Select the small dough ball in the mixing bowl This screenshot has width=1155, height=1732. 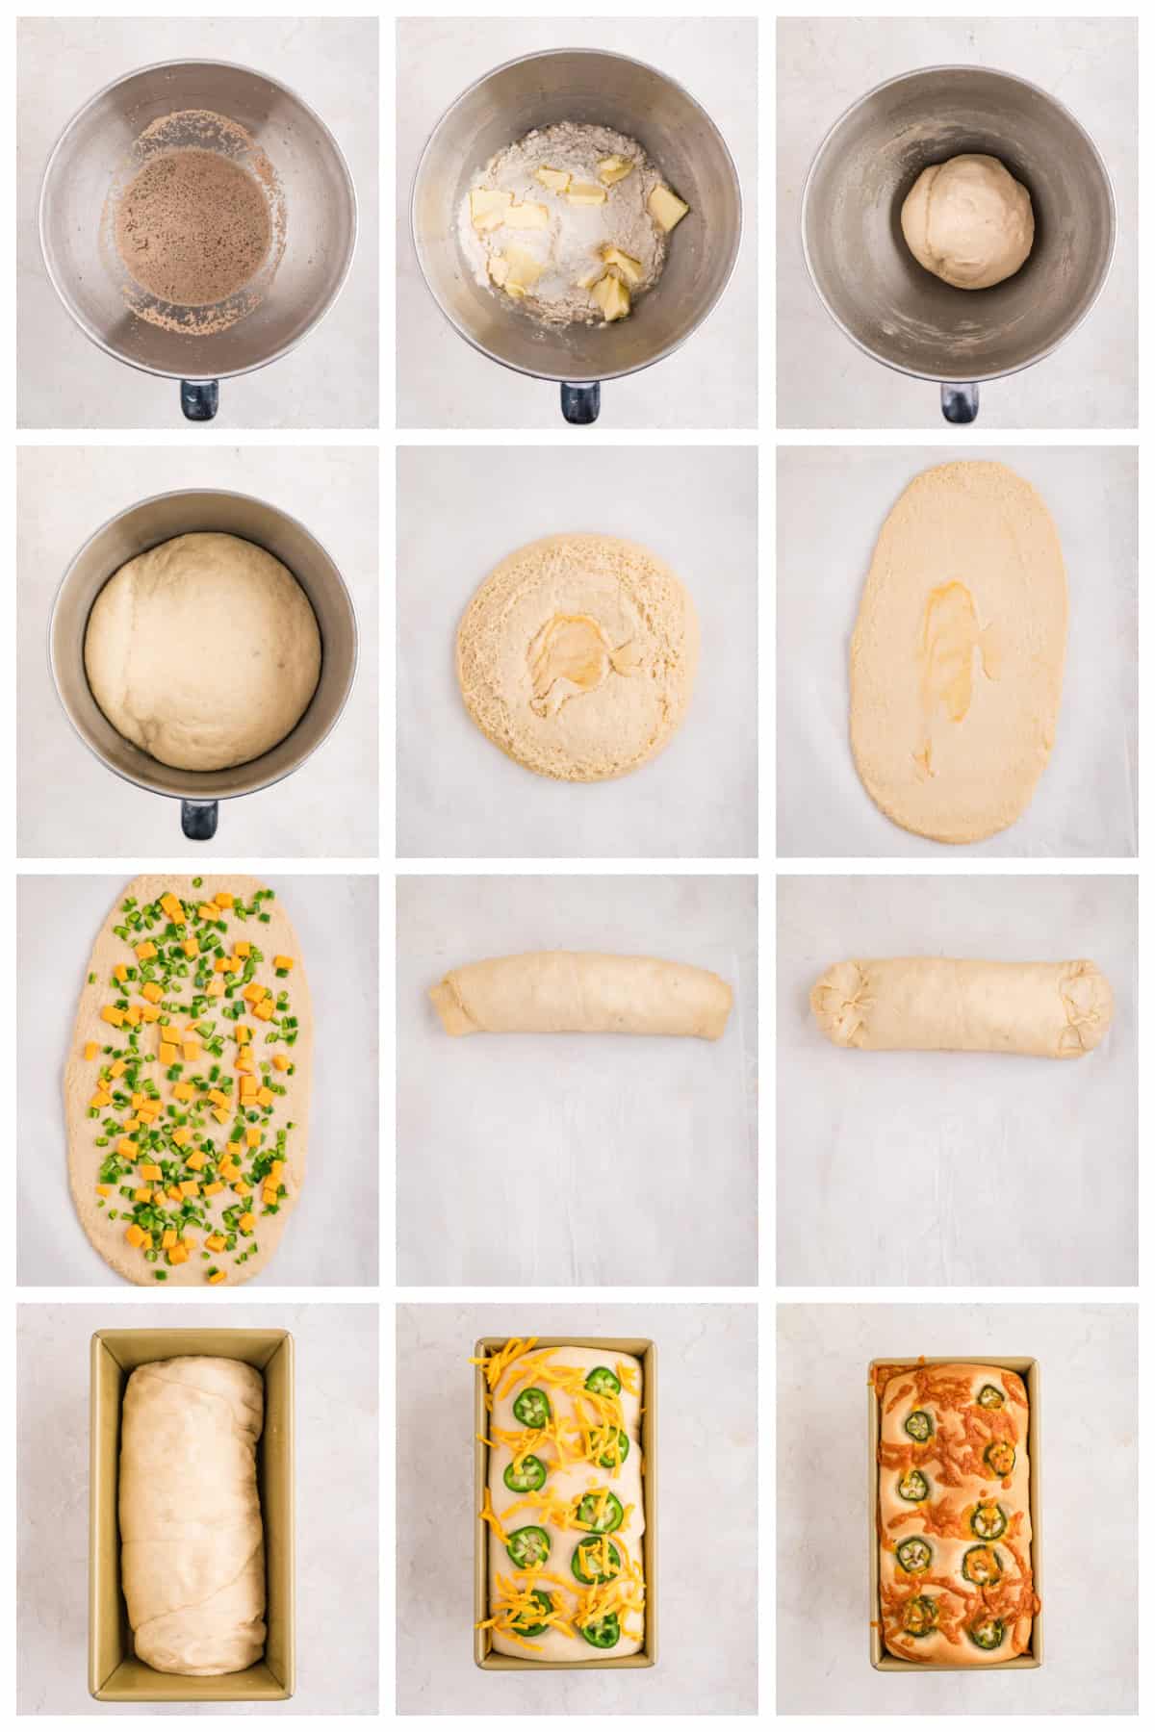pyautogui.click(x=967, y=221)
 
